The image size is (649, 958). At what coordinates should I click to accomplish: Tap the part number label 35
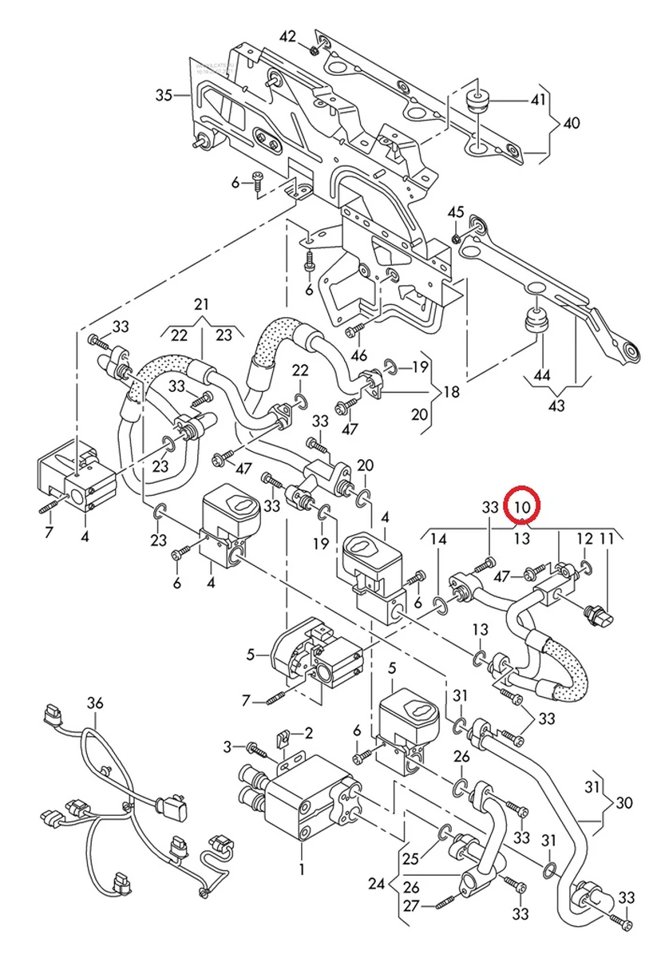coord(164,96)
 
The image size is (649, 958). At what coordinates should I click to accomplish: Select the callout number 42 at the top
coord(287,38)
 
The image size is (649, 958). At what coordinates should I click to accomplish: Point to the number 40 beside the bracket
coord(572,124)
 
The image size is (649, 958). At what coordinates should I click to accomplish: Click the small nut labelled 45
coord(455,238)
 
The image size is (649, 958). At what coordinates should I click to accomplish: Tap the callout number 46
coord(358,356)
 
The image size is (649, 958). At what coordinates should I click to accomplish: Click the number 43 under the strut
coord(556,406)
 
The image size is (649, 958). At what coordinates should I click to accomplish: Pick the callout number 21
coord(201,305)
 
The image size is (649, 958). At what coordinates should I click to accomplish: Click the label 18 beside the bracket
coord(452,392)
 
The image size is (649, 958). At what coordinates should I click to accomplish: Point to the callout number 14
coord(439,539)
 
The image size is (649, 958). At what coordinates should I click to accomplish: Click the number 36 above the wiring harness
coord(96,703)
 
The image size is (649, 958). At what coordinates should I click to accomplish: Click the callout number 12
coord(585,539)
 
